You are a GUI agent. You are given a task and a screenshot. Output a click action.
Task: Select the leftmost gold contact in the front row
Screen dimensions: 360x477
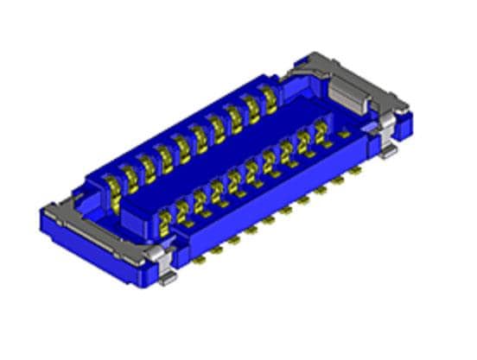pyautogui.click(x=163, y=226)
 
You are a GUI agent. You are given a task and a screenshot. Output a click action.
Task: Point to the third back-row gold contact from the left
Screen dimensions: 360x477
pyautogui.click(x=146, y=165)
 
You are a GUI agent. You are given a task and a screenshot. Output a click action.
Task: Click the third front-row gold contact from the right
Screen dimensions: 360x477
pyautogui.click(x=286, y=152)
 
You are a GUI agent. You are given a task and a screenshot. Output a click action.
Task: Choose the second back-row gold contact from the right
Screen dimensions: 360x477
pyautogui.click(x=251, y=107)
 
